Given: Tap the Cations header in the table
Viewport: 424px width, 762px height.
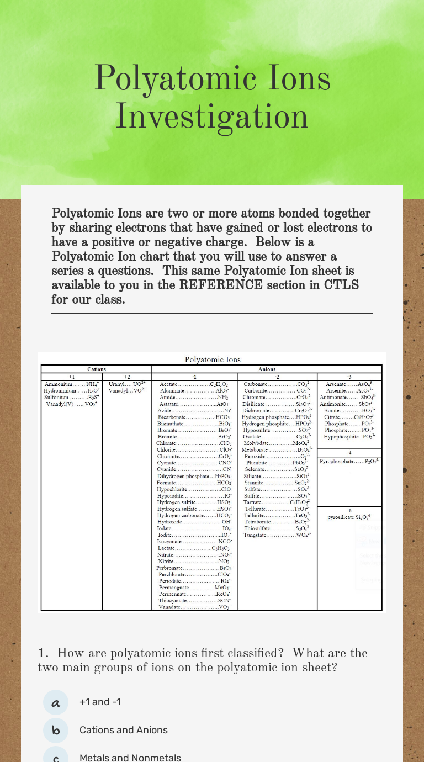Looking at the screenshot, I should [x=97, y=369].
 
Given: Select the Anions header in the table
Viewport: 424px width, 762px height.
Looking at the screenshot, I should [x=267, y=369].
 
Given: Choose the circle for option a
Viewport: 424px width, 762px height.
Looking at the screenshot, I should [x=56, y=702].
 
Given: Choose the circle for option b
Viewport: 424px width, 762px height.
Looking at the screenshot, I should [x=56, y=730].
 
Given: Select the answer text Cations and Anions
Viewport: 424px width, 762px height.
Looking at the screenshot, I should [x=124, y=730].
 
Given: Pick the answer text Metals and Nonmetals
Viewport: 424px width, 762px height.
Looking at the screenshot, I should [x=130, y=758].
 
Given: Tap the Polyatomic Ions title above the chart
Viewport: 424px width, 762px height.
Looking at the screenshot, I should [x=213, y=359].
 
